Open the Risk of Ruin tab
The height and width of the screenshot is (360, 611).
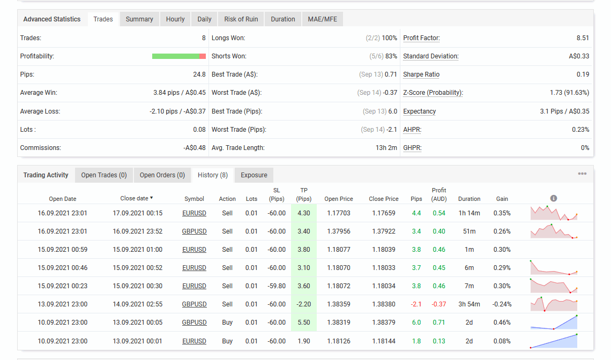[241, 19]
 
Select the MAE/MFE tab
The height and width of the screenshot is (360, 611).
[322, 19]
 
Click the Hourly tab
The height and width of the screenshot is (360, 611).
[175, 19]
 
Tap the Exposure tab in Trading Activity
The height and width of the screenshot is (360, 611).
[254, 175]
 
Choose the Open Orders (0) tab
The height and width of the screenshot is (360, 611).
[162, 175]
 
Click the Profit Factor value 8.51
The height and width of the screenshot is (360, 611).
[583, 38]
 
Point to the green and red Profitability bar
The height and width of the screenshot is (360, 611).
[179, 56]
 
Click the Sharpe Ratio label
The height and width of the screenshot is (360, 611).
[421, 74]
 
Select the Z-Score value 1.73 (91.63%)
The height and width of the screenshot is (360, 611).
[569, 93]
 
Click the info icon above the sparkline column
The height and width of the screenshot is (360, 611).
[553, 198]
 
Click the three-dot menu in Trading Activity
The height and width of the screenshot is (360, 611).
[582, 174]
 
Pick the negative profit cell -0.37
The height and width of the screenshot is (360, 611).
[439, 304]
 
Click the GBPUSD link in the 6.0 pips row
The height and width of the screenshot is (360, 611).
[194, 322]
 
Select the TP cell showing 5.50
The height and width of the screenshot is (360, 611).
[304, 322]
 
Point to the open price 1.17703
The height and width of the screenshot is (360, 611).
[339, 213]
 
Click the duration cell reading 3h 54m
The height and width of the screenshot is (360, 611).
[469, 304]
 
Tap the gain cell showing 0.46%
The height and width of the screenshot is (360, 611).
[502, 322]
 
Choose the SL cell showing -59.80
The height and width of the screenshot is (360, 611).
[277, 286]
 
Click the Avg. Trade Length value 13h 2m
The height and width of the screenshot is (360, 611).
[386, 148]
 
